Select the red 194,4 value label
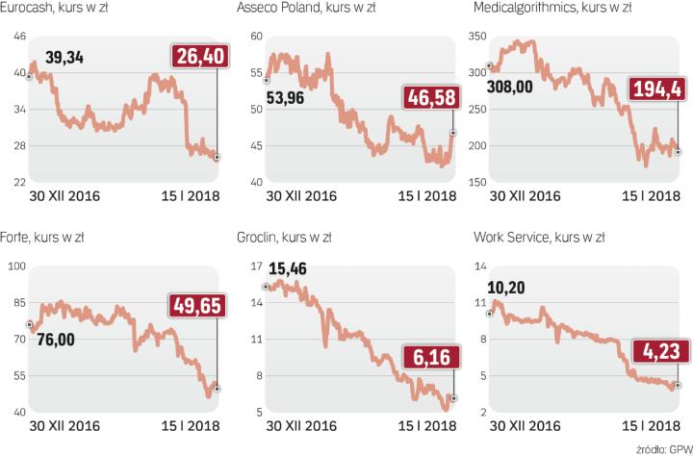pyautogui.click(x=659, y=91)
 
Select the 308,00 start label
pyautogui.click(x=525, y=85)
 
